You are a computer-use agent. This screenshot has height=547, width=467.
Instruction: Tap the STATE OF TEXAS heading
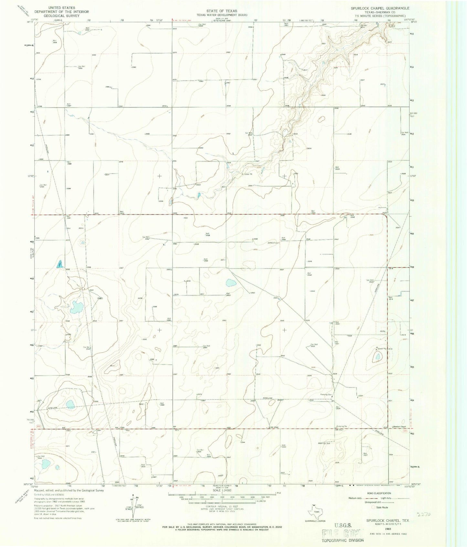[x=222, y=11]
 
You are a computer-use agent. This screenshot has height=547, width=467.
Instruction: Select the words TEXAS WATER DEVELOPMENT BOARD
[x=222, y=15]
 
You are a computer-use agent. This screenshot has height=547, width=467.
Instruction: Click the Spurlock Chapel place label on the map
[x=399, y=427]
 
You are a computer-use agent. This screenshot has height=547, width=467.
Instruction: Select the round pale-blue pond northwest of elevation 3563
[x=231, y=283]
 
